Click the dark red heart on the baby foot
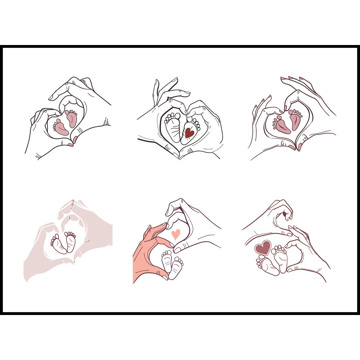coord(189,133)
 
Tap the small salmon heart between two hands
coord(176,234)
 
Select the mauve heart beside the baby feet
coord(263,248)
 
